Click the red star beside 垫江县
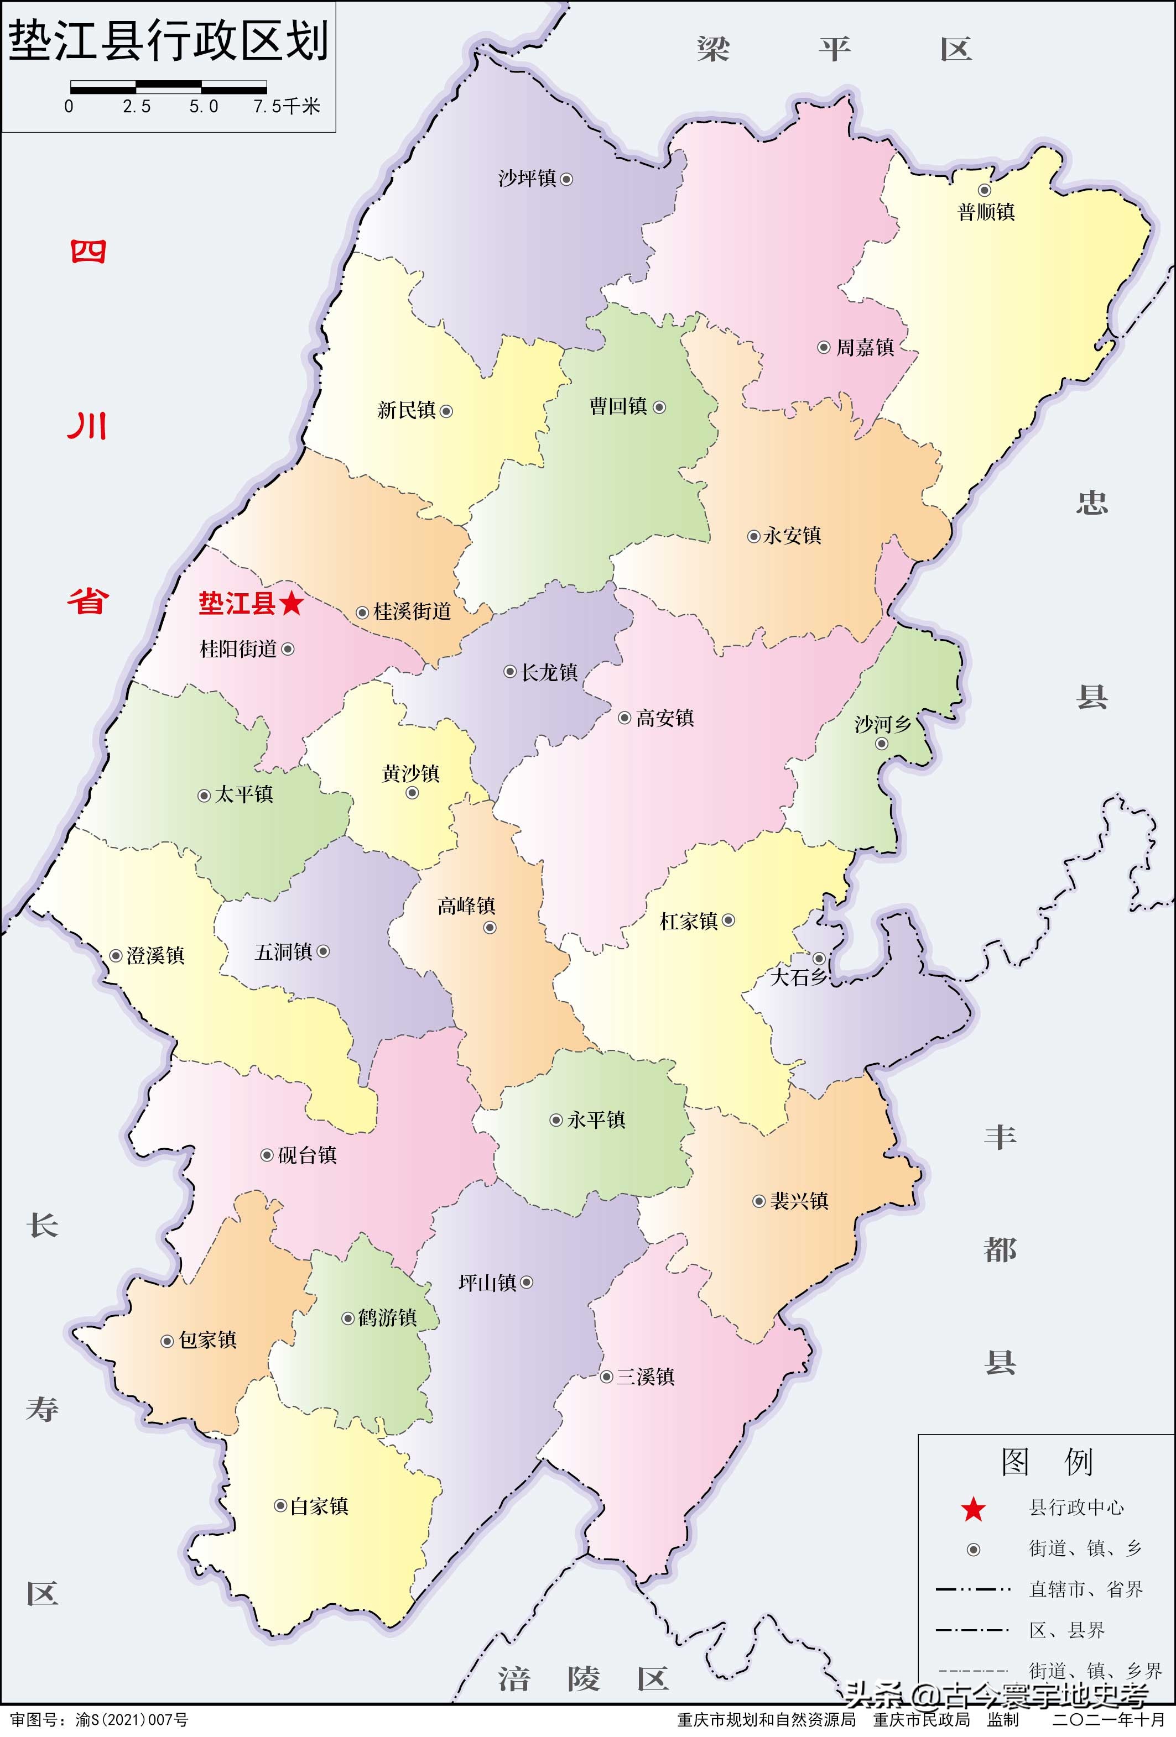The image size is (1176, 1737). coord(292,603)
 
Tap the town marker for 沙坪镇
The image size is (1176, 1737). coord(566,179)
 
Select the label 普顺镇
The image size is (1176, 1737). coord(986,212)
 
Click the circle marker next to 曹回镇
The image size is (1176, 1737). coord(659,407)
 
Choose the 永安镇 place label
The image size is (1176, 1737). coord(793,536)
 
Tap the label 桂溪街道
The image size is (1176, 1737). coord(413,611)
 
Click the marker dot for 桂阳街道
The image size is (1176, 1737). coord(288,649)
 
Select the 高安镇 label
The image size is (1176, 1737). coord(665,718)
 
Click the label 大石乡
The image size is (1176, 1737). coord(798,977)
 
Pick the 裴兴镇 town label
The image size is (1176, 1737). coord(799,1201)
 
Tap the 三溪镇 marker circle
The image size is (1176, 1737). coord(606,1377)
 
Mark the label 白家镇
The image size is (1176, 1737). coord(319,1506)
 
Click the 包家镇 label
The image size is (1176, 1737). coord(208,1340)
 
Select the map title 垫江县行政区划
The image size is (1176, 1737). coord(168,40)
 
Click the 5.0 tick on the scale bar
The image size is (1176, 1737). coord(204,107)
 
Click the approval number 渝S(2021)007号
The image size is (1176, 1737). coord(132,1720)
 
